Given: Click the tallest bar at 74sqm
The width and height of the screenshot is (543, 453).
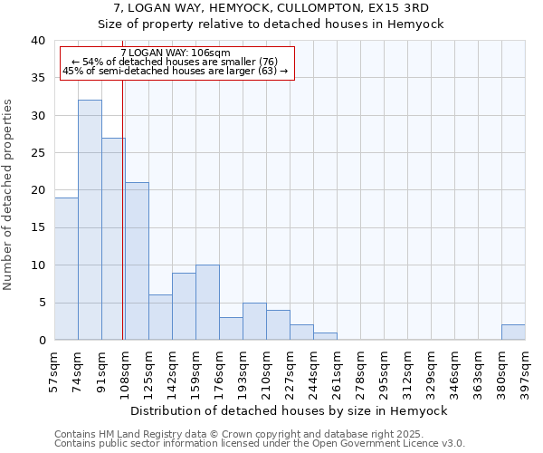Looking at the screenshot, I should click(90, 220).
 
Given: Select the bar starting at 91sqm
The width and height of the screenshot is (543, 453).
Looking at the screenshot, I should click(113, 239).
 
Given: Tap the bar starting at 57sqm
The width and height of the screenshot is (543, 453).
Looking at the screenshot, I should click(66, 269).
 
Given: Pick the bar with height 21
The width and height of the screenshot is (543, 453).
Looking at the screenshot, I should click(137, 261).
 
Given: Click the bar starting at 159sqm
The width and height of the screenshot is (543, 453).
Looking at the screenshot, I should click(207, 303).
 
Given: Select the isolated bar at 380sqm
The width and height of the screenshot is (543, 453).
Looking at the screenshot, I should click(513, 333).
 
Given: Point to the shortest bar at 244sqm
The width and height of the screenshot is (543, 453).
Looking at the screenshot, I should click(325, 336).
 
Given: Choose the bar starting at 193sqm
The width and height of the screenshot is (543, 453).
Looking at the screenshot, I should click(254, 322).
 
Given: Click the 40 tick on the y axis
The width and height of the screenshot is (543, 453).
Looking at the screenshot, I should click(38, 41).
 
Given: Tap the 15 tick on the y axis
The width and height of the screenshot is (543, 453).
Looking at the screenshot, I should click(38, 227).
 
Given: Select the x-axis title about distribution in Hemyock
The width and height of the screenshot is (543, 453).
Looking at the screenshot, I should click(290, 410).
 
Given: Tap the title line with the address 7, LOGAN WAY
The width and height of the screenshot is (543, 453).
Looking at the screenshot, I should click(291, 8).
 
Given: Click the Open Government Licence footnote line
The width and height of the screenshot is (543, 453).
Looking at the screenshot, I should click(260, 444).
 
